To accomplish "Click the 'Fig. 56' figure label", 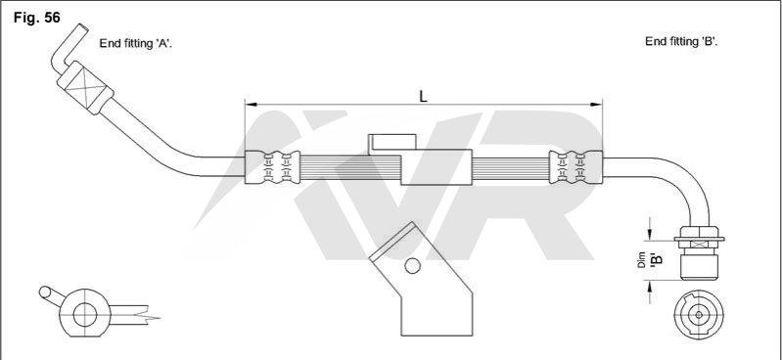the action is pos(37,18).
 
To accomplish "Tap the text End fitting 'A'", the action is pos(136,43).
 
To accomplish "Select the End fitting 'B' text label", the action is pos(681,41).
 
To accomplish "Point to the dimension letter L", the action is pos(424,96).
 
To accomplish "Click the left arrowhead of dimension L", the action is pos(251,105).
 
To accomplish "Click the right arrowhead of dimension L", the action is pos(596,105).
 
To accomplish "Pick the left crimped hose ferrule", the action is pos(272,167).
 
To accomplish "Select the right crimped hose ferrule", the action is pos(575,167).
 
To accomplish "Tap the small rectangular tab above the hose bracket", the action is pos(392,142).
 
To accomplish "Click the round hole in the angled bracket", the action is pos(412,266).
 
